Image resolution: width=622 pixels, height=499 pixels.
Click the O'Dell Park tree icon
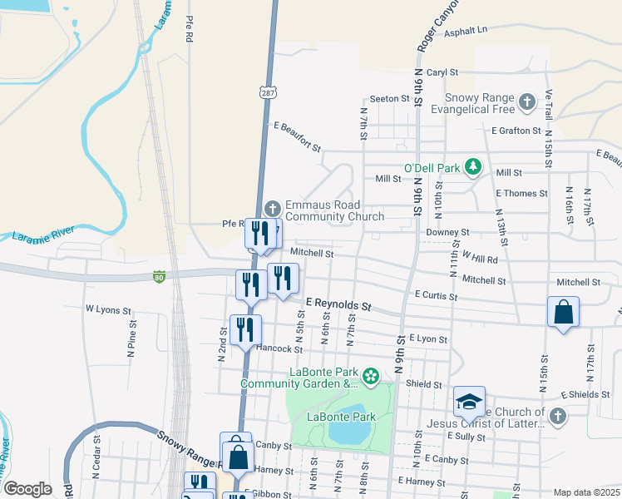[x=473, y=167]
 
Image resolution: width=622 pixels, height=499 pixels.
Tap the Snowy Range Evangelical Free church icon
[x=526, y=101]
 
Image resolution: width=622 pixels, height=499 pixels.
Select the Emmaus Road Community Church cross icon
[x=273, y=208]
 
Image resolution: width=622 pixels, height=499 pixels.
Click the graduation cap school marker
[x=469, y=401]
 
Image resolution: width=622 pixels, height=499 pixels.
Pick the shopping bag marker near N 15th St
[x=563, y=313]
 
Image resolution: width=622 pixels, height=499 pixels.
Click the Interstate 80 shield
[x=159, y=276]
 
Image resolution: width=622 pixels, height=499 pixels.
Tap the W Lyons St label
[x=108, y=309]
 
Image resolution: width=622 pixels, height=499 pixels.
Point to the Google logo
[x=27, y=489]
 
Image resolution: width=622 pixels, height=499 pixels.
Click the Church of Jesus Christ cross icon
[x=557, y=417]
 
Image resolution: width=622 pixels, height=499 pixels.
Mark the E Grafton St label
[x=516, y=131]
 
